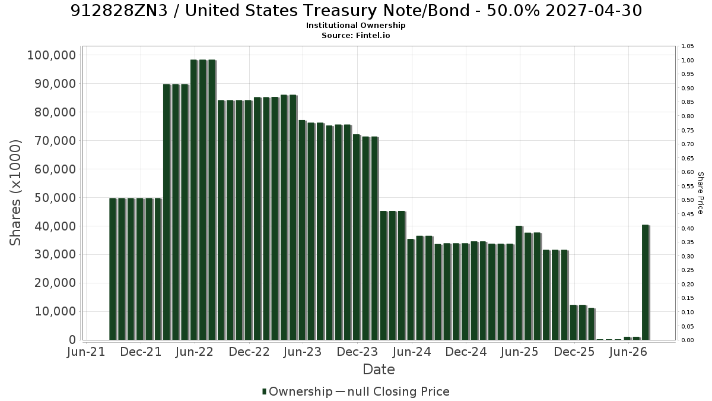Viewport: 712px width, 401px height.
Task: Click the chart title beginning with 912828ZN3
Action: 356,11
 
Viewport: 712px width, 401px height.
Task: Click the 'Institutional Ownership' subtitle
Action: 355,26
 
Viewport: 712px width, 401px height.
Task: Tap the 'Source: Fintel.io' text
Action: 355,35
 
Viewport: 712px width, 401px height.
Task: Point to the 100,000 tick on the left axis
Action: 52,55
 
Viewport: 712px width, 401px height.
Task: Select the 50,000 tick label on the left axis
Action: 55,198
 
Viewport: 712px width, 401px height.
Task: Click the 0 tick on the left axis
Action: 73,340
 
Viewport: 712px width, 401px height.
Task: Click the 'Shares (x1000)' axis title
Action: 15,193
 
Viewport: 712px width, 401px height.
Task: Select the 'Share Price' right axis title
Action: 701,193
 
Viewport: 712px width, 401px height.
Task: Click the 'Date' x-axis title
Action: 379,370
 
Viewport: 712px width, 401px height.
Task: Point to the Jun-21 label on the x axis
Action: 86,352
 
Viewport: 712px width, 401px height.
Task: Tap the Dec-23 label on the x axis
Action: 357,352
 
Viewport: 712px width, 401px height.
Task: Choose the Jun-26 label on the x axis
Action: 628,352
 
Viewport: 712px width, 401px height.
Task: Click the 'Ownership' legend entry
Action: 297,391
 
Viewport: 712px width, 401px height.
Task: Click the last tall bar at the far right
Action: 646,283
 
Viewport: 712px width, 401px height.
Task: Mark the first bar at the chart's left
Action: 113,269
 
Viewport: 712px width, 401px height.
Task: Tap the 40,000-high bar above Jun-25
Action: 519,283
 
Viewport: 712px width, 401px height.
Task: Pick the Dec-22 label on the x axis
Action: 249,352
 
